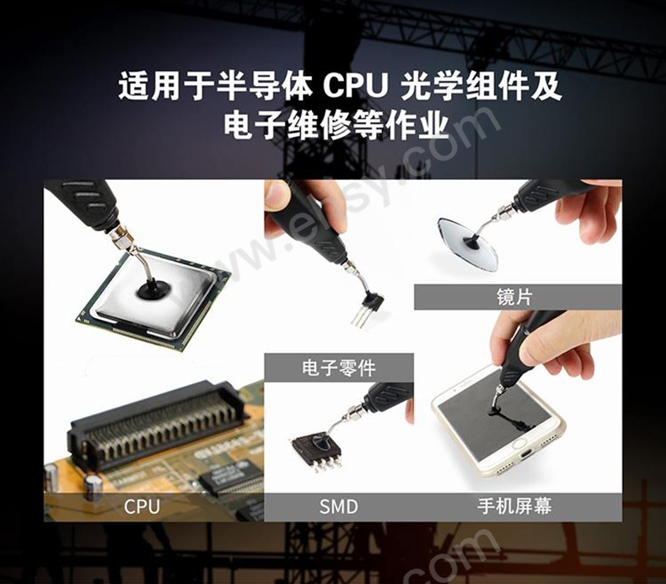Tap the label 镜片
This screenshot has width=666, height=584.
pyautogui.click(x=515, y=297)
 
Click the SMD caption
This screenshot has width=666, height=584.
pyautogui.click(x=339, y=506)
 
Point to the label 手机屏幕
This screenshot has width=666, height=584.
pyautogui.click(x=514, y=506)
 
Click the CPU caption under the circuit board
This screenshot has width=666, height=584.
pyautogui.click(x=142, y=506)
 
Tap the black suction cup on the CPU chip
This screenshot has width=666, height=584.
pyautogui.click(x=154, y=292)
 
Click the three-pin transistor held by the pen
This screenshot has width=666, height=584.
pyautogui.click(x=368, y=307)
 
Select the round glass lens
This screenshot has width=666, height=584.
pyautogui.click(x=466, y=245)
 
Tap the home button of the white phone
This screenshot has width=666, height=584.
pyautogui.click(x=519, y=444)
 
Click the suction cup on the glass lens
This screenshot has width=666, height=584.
pyautogui.click(x=471, y=242)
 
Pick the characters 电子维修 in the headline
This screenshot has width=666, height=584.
pyautogui.click(x=287, y=126)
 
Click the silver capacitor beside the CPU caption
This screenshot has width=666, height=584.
pyautogui.click(x=93, y=486)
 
